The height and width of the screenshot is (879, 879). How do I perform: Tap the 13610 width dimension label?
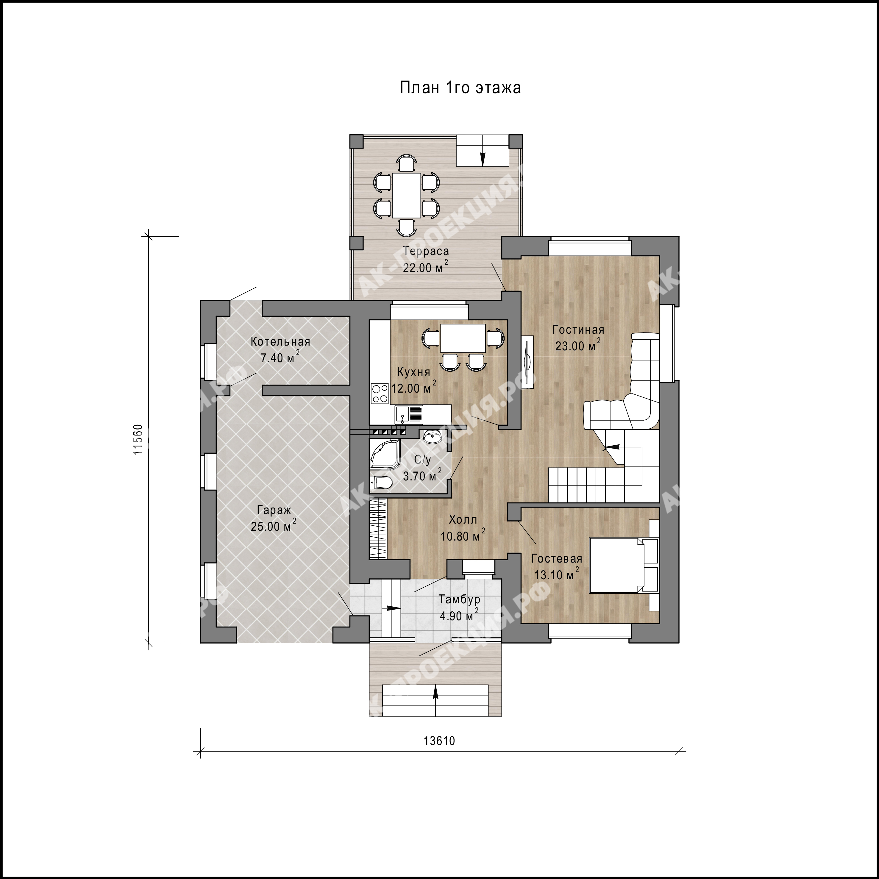439,741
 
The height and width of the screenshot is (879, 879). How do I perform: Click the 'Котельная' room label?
280,342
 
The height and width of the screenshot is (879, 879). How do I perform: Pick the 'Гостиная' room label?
578,330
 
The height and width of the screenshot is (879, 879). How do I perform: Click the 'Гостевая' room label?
556,559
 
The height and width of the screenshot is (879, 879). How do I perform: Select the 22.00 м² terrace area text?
425,267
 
